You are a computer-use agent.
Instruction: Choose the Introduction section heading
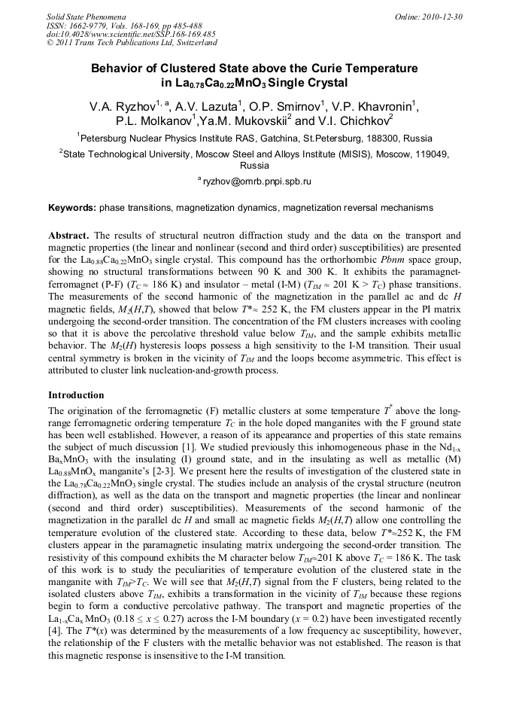(76, 395)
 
